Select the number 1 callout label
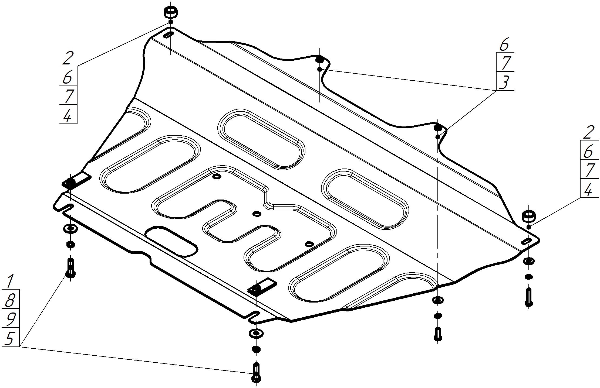pyautogui.click(x=10, y=281)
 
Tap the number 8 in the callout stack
pyautogui.click(x=9, y=300)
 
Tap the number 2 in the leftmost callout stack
pyautogui.click(x=68, y=58)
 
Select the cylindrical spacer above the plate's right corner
pyautogui.click(x=528, y=217)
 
